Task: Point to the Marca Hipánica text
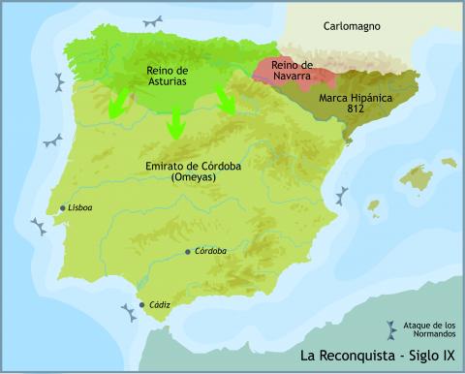pos(354,99)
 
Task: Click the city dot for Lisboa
pos(63,208)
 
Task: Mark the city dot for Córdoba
pos(188,252)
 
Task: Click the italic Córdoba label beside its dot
pos(210,251)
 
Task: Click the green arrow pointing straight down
pos(176,120)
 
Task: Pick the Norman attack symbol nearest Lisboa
pos(39,227)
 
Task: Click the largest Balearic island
pos(418,178)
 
